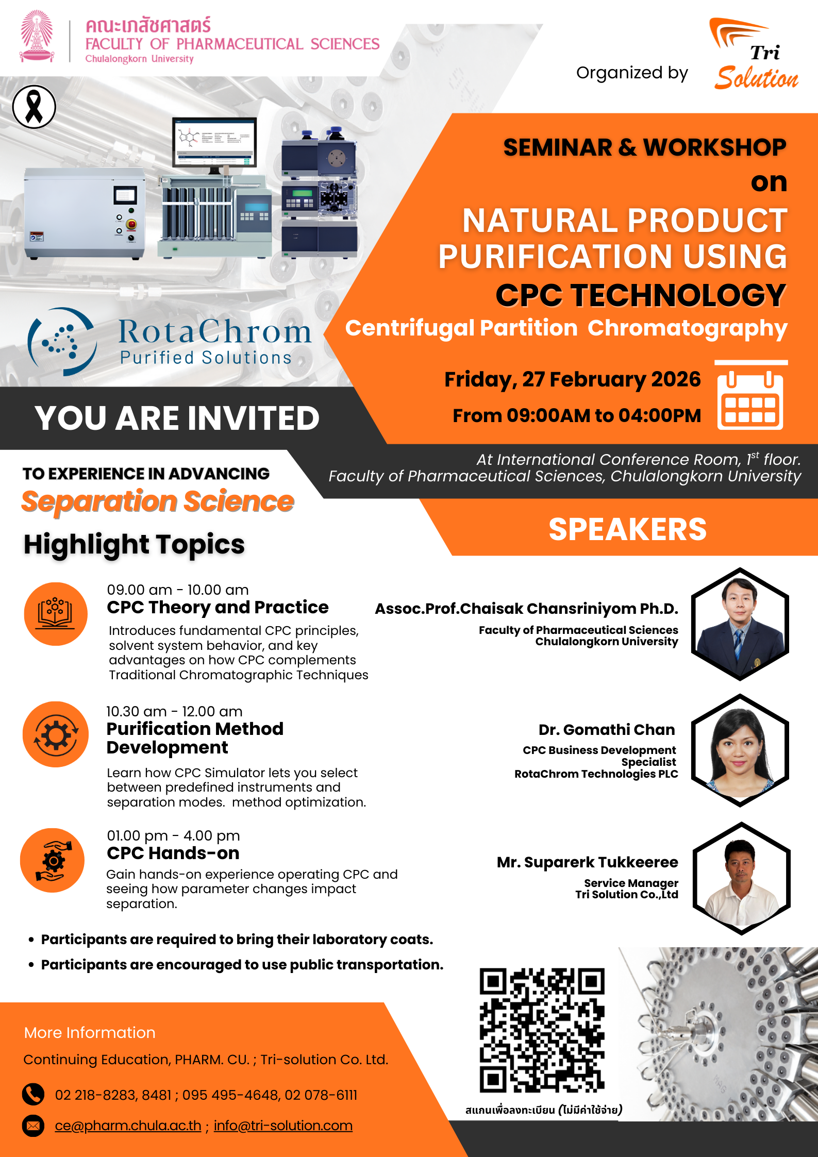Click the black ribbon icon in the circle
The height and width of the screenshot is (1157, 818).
[x=34, y=107]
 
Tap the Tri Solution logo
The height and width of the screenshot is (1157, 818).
[x=754, y=55]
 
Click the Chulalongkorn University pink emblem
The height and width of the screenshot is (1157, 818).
[x=37, y=37]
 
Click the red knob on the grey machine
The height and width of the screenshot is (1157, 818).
[x=131, y=224]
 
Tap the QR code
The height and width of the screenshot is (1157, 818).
[x=542, y=1030]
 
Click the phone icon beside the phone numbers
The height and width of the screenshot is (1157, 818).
[x=34, y=1095]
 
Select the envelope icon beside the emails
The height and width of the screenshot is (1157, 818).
[x=34, y=1126]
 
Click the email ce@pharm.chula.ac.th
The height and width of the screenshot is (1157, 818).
[x=128, y=1126]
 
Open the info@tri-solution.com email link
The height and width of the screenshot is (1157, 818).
[x=283, y=1126]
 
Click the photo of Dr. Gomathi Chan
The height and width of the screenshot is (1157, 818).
[x=740, y=751]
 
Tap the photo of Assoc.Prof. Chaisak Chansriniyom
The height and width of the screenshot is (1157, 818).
[x=740, y=624]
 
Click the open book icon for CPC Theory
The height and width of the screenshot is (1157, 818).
[x=56, y=614]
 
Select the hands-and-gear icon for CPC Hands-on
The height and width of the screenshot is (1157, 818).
[x=53, y=860]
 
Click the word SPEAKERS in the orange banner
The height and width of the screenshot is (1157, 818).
[x=627, y=529]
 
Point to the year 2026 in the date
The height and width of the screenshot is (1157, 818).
[x=676, y=379]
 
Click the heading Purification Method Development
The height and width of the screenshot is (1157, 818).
[x=195, y=738]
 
